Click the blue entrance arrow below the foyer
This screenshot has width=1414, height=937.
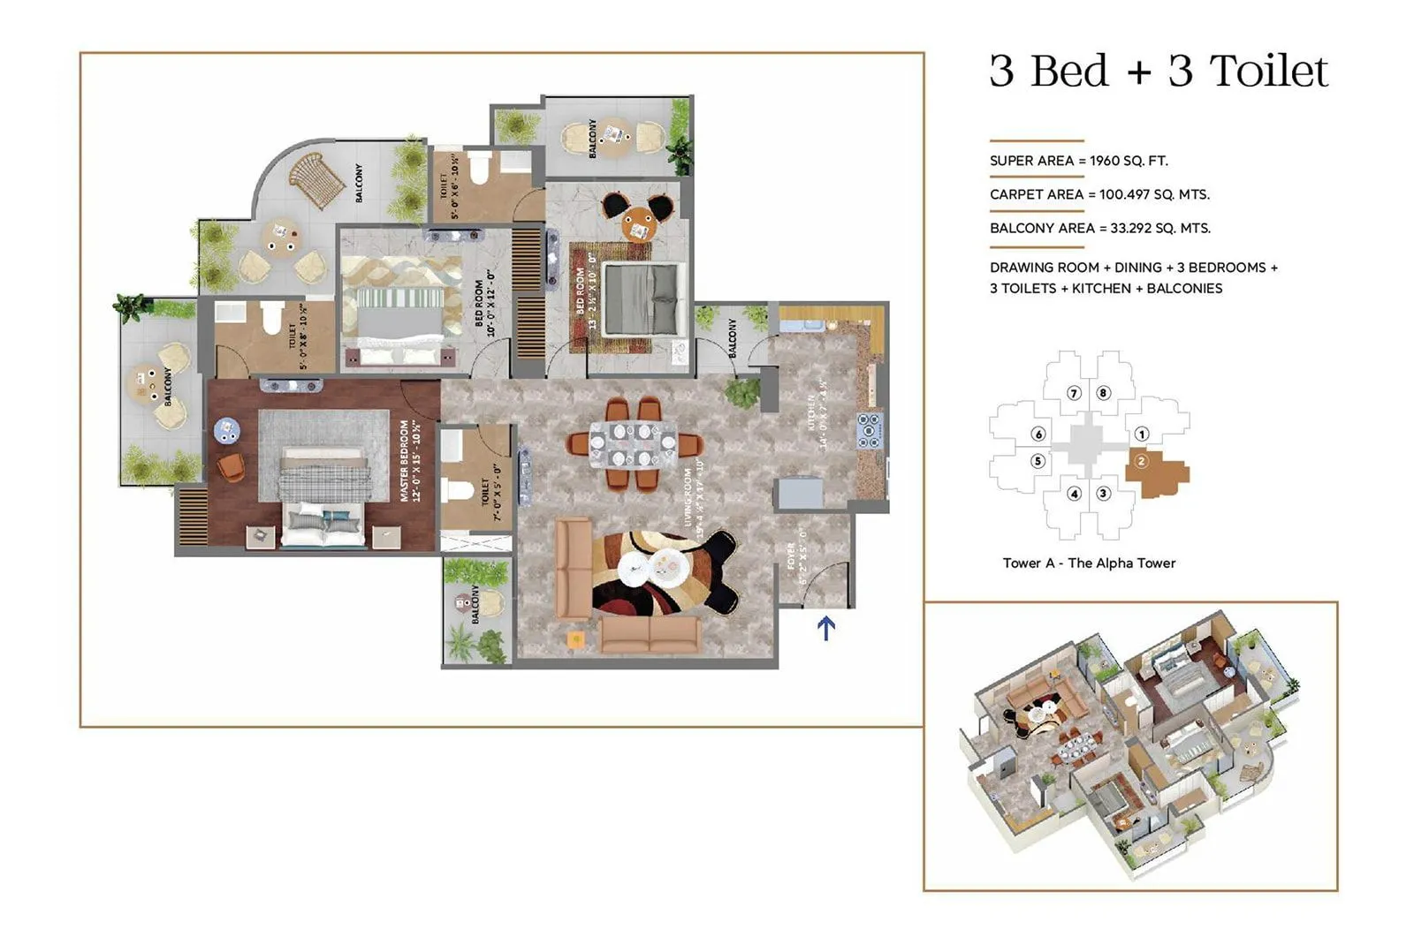[x=825, y=628]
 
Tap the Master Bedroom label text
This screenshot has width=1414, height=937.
[x=410, y=460]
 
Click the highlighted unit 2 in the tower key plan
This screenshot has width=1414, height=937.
[x=1154, y=470]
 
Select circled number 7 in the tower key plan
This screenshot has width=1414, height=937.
[x=1074, y=393]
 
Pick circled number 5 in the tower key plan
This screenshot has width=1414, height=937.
[x=1038, y=461]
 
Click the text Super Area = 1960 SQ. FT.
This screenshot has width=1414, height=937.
[x=1078, y=161]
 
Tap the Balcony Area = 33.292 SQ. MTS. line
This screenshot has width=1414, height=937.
[x=1099, y=228]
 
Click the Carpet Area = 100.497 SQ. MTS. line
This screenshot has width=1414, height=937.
[x=1099, y=194]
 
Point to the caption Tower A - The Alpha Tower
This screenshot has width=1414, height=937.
[x=1089, y=563]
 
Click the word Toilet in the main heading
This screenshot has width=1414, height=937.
[x=1268, y=71]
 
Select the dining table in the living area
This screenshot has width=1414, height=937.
[x=633, y=444]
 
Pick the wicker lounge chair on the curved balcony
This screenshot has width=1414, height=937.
[x=315, y=179]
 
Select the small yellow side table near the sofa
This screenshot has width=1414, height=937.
[x=575, y=639]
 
